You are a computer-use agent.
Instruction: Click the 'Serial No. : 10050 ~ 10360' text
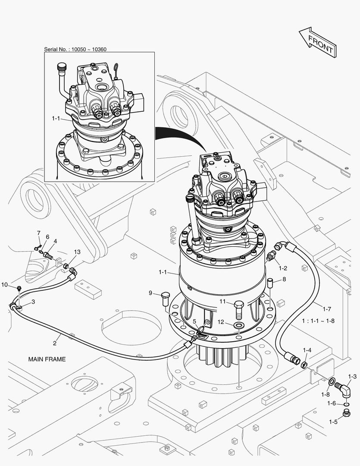point(75,49)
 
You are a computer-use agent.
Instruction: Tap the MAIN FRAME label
point(47,359)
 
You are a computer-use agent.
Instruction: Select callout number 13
point(77,252)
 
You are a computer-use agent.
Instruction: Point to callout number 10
point(4,284)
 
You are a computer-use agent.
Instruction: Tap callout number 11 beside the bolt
point(222,301)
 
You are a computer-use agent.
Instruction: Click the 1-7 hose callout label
point(326,309)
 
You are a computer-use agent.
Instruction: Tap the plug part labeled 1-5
point(345,415)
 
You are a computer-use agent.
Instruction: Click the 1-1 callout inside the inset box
point(56,117)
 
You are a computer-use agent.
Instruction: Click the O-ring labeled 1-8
point(332,381)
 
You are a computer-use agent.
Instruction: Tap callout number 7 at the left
point(38,233)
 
